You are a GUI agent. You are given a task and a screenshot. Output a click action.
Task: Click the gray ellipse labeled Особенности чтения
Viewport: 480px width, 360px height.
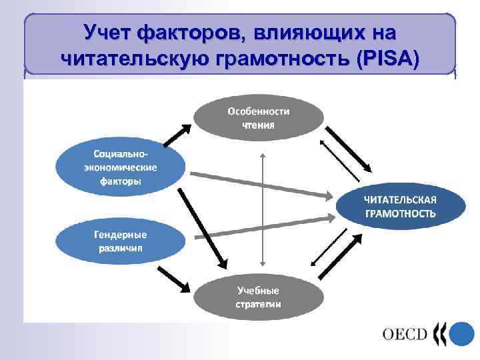click(x=258, y=117)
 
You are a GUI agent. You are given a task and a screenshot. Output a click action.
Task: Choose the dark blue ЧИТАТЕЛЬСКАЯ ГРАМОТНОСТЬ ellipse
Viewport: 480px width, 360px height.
click(x=399, y=206)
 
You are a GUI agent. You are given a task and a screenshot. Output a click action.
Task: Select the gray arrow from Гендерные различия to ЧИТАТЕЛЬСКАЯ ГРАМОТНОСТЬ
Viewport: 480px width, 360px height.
click(x=264, y=227)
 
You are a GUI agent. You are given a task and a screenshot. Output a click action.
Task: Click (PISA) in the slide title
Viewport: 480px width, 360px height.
click(x=388, y=59)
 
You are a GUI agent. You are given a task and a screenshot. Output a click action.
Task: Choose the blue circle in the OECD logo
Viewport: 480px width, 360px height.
click(x=461, y=333)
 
